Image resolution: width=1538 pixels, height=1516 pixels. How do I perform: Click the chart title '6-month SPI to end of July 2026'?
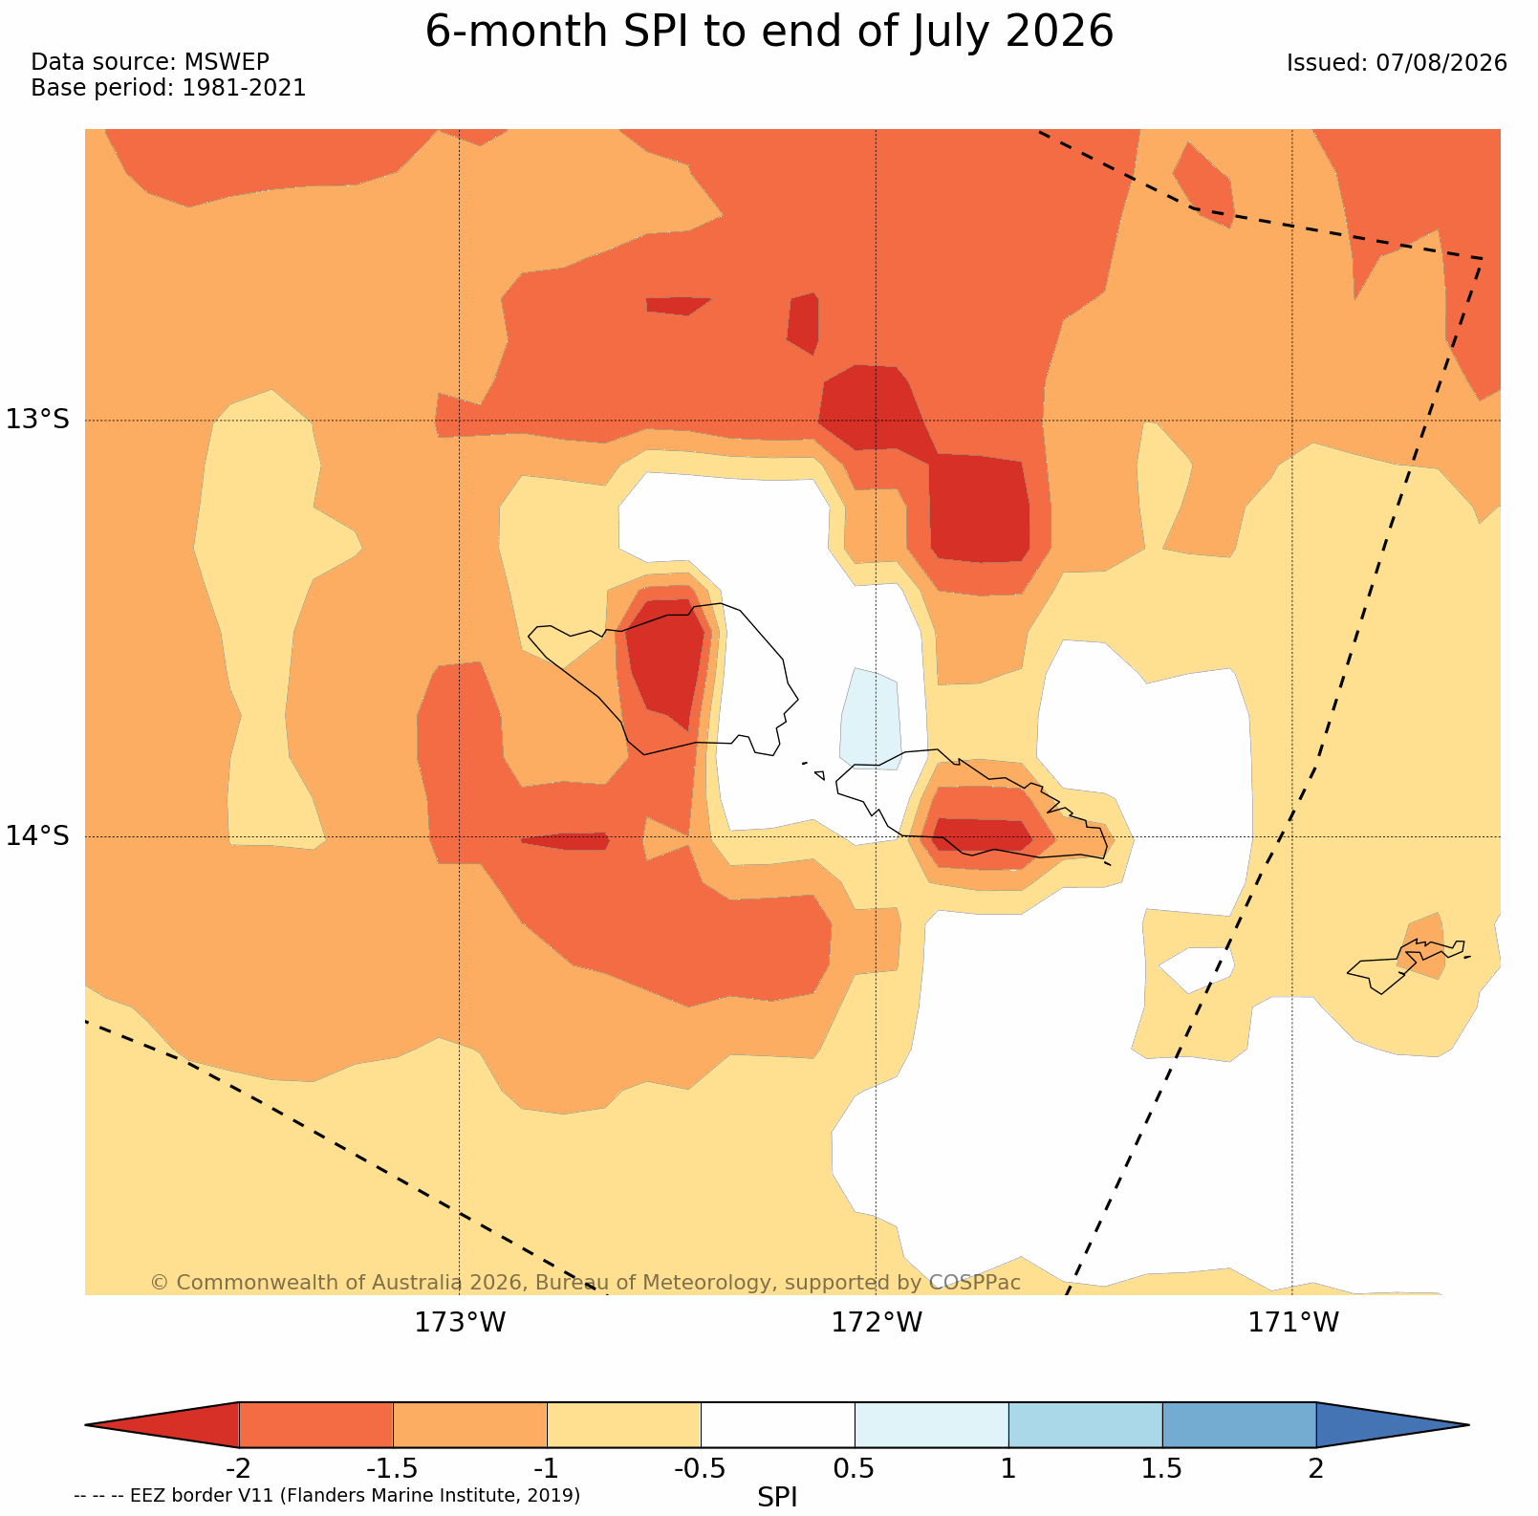(x=769, y=32)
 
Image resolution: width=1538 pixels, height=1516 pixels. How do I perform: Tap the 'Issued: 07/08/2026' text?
(x=1397, y=63)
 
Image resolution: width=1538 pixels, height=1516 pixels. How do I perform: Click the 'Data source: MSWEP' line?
(x=150, y=62)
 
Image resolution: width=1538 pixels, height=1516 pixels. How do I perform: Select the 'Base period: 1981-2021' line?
(x=168, y=88)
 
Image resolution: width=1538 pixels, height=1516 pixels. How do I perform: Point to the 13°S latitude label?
(x=38, y=419)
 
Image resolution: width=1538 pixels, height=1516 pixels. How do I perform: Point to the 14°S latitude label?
(x=38, y=835)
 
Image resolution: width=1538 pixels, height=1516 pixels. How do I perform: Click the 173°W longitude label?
(x=460, y=1322)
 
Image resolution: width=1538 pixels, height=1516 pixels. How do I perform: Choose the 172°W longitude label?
(x=877, y=1322)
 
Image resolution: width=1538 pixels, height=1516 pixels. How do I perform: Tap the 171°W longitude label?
(x=1293, y=1322)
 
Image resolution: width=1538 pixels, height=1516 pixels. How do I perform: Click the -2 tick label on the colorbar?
(x=238, y=1468)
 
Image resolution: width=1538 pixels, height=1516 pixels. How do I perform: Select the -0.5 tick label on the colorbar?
(x=701, y=1468)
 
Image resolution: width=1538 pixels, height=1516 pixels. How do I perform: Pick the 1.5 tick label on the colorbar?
(x=1162, y=1468)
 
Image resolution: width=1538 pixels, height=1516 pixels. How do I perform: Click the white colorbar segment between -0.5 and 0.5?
(x=778, y=1425)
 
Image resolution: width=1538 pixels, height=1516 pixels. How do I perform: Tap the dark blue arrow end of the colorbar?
(x=1392, y=1425)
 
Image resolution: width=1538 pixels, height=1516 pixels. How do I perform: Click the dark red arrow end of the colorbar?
(x=162, y=1425)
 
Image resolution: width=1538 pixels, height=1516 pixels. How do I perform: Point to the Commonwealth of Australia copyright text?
(x=585, y=1283)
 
